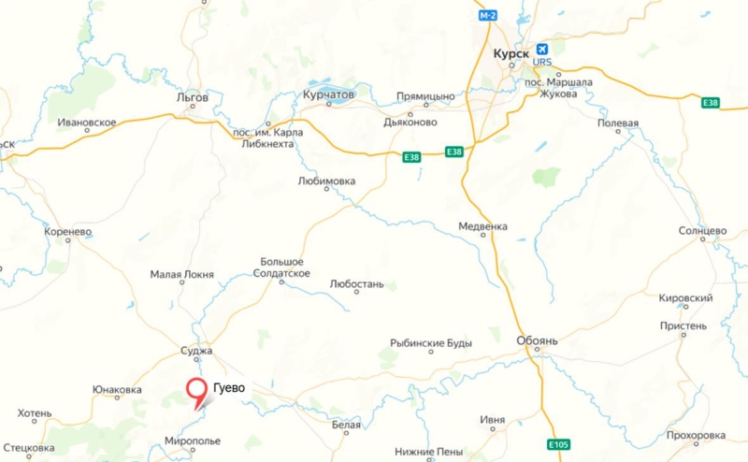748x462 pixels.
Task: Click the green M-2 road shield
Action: [488, 16]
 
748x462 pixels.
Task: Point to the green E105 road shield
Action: [558, 443]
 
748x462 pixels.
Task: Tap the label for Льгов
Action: [192, 96]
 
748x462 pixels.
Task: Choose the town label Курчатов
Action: [329, 95]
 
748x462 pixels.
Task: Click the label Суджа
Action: [196, 352]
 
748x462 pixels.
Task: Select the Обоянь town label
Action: [537, 341]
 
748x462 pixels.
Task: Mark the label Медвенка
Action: [482, 226]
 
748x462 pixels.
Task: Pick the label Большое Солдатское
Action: [281, 267]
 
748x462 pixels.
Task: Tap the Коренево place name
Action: [67, 230]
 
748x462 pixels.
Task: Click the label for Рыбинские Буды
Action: [431, 343]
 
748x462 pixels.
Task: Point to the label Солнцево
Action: [702, 230]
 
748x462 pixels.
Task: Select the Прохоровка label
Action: [697, 436]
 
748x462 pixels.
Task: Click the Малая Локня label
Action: [182, 275]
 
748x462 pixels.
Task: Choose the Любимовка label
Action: [325, 180]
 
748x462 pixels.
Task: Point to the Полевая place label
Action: [618, 123]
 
